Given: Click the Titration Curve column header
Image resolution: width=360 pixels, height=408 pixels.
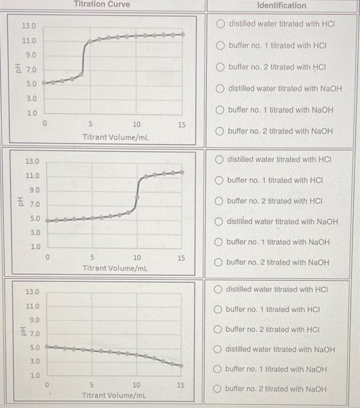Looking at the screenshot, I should pyautogui.click(x=102, y=5).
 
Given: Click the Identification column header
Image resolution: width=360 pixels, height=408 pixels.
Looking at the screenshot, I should pyautogui.click(x=281, y=5).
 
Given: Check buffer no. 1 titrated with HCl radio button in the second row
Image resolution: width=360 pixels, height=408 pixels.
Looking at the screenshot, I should pyautogui.click(x=219, y=180).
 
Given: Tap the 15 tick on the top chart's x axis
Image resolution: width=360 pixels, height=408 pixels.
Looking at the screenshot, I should pyautogui.click(x=181, y=125).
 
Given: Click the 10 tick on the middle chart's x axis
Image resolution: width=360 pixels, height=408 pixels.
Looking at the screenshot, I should pyautogui.click(x=137, y=257).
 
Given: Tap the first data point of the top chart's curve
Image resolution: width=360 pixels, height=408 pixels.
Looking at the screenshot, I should pyautogui.click(x=44, y=83).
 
